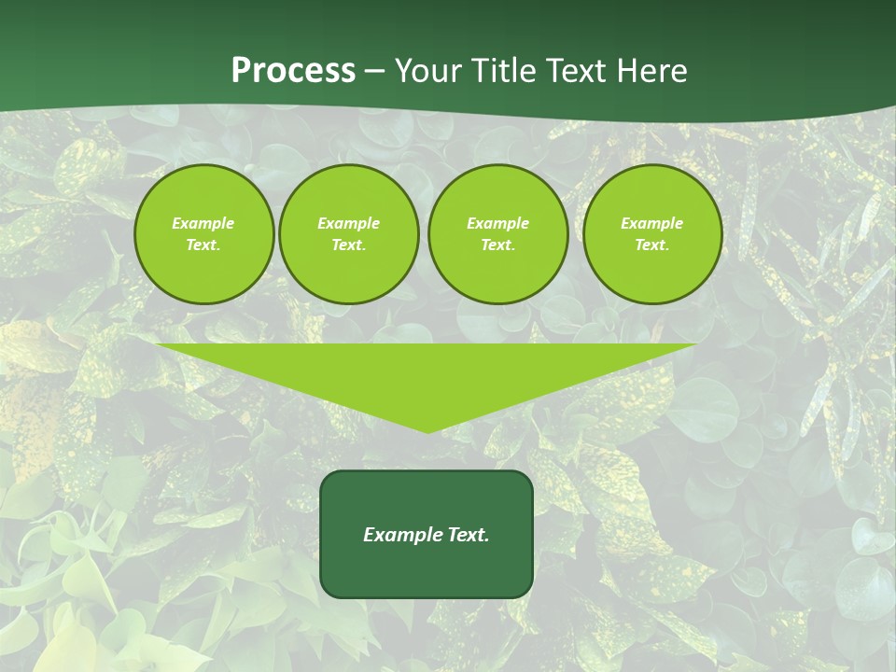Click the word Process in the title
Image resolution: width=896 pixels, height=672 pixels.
click(293, 70)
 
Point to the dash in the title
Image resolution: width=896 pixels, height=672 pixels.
click(374, 72)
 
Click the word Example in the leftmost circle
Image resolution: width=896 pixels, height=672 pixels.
click(203, 223)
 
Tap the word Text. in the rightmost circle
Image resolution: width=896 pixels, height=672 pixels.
click(651, 245)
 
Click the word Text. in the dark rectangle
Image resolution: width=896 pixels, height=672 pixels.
click(466, 535)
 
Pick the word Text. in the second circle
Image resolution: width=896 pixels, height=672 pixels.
click(348, 245)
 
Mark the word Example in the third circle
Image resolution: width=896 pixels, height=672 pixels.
click(497, 223)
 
